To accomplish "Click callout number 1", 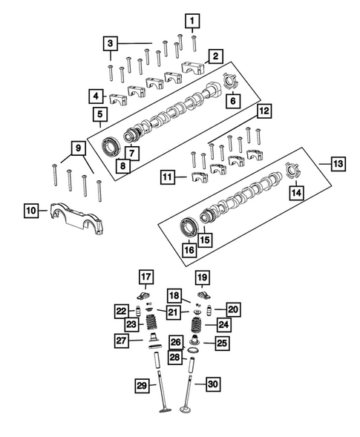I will tap(192, 20).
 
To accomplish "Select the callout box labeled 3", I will tap(109, 44).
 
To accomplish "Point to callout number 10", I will tap(30, 212).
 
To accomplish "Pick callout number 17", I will tap(146, 277).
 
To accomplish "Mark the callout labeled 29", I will tap(140, 384).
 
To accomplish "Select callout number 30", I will tap(213, 384).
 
